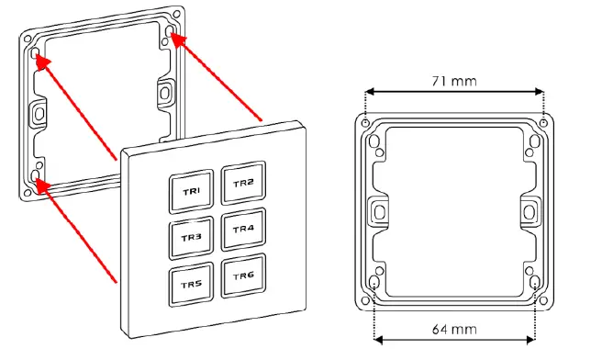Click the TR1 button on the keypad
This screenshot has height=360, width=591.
point(192,192)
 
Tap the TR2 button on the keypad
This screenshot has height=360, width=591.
point(242,183)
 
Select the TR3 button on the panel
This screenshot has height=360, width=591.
point(191,237)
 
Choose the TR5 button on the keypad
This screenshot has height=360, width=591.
point(191,285)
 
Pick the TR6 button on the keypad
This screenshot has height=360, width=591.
point(243,276)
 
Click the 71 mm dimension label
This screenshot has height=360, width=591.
point(454,81)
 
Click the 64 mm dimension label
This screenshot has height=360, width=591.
point(454,328)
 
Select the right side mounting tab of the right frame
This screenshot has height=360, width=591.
point(531,211)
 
